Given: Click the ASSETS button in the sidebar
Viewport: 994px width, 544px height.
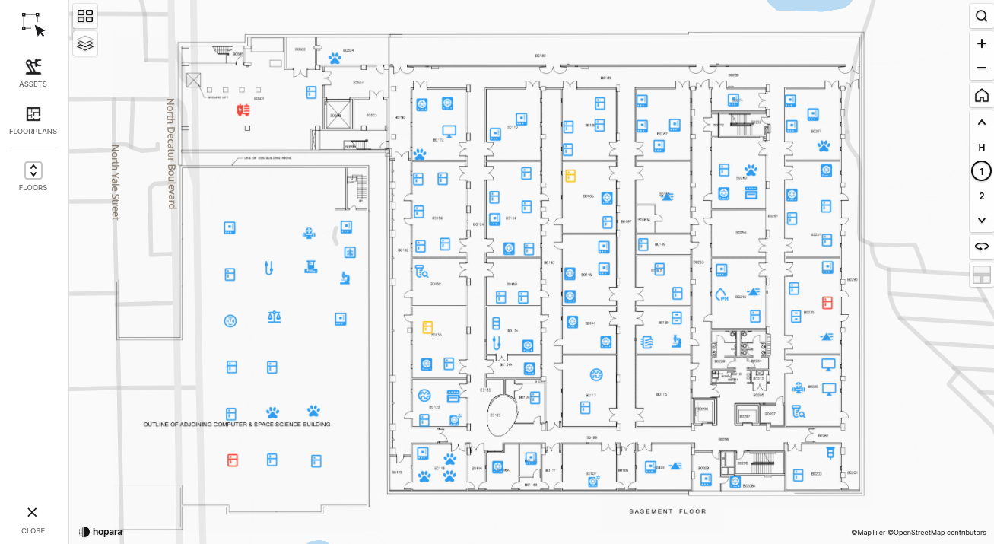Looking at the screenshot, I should pyautogui.click(x=33, y=73).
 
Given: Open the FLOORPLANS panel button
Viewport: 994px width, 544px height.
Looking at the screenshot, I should pyautogui.click(x=33, y=120).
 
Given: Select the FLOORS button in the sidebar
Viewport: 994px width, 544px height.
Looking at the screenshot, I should pyautogui.click(x=33, y=176).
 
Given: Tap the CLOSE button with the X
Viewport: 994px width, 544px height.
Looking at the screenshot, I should pyautogui.click(x=33, y=519).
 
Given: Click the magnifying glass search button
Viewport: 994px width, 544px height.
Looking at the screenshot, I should pyautogui.click(x=981, y=17).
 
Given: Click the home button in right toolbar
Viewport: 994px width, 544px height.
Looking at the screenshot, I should pyautogui.click(x=981, y=96).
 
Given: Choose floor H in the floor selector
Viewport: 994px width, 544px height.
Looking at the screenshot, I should pyautogui.click(x=981, y=147).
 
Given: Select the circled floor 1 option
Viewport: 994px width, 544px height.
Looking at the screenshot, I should pyautogui.click(x=981, y=171).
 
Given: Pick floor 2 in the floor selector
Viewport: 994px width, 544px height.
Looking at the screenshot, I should pyautogui.click(x=981, y=196).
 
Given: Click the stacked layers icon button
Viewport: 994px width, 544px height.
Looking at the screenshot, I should pyautogui.click(x=85, y=43).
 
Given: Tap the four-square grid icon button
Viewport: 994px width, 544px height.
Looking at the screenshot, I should pyautogui.click(x=85, y=16).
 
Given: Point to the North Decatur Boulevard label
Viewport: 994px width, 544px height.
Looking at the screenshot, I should pyautogui.click(x=171, y=153).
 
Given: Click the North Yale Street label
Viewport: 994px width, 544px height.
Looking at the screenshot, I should pyautogui.click(x=116, y=183).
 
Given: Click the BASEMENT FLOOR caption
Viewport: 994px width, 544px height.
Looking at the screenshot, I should pyautogui.click(x=667, y=511).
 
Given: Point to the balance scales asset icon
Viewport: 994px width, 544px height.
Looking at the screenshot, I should pyautogui.click(x=274, y=317).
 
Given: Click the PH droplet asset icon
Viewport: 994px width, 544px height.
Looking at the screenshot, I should pyautogui.click(x=722, y=295).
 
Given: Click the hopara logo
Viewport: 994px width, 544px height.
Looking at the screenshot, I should pyautogui.click(x=100, y=531).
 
